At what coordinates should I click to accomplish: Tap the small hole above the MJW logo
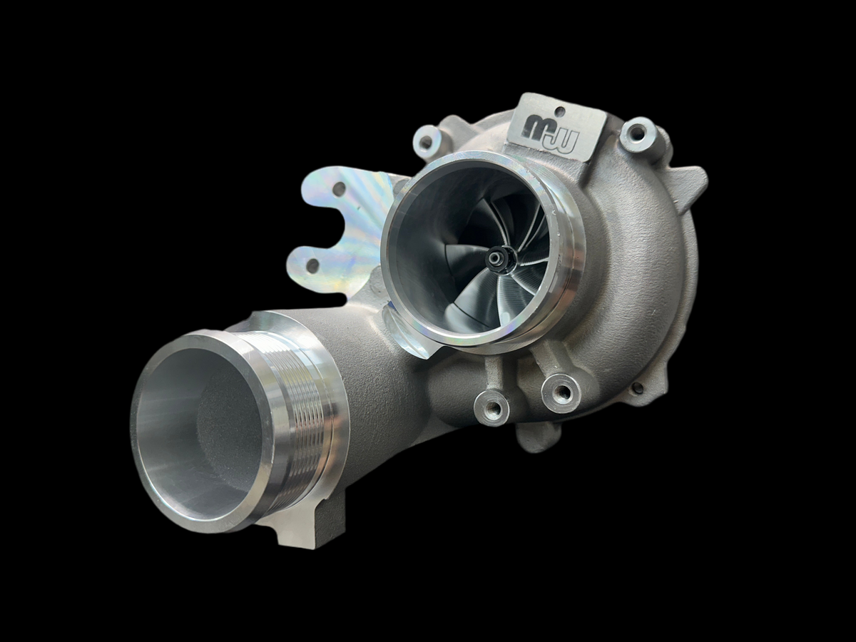click(560, 112)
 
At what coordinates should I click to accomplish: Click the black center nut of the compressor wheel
click(497, 259)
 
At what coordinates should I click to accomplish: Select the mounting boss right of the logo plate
click(637, 134)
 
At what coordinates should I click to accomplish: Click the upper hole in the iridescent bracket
click(340, 189)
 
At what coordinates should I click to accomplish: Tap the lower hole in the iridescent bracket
click(312, 265)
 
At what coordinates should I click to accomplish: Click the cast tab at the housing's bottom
click(539, 435)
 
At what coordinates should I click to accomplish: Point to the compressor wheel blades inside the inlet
click(521, 285)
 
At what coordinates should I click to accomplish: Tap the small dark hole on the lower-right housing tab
click(637, 387)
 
